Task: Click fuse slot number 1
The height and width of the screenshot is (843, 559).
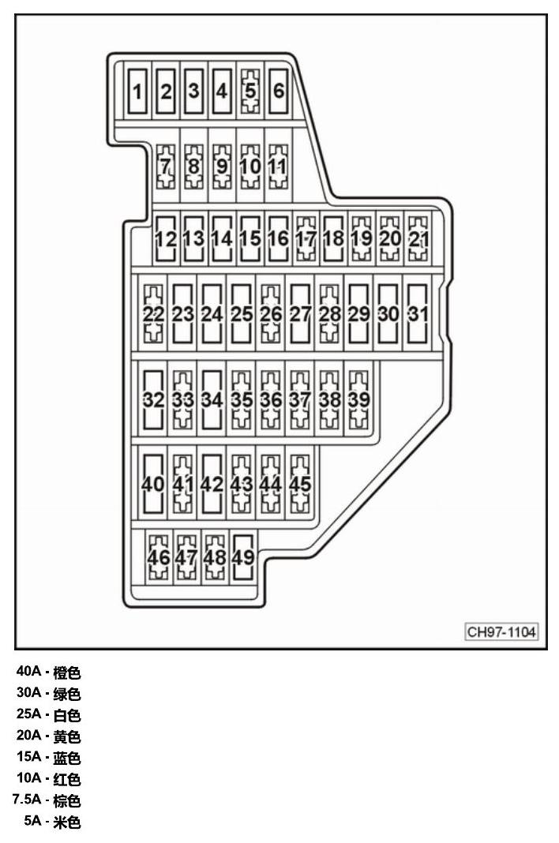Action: (137, 90)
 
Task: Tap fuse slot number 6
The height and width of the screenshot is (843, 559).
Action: (278, 90)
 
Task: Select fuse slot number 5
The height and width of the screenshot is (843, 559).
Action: (250, 90)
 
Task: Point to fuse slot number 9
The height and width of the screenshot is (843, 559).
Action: (222, 166)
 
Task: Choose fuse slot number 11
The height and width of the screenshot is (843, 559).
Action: (278, 166)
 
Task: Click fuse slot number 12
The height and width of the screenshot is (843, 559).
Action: (166, 238)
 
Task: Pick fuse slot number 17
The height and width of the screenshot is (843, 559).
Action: (306, 238)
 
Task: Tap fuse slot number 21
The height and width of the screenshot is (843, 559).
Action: (418, 238)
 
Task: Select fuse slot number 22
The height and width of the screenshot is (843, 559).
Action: (153, 314)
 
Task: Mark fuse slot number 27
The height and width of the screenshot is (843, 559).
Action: (300, 314)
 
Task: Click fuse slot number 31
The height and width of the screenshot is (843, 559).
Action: (418, 314)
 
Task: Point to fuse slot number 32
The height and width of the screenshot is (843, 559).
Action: (153, 400)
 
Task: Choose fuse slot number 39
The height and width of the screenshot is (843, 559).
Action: (359, 400)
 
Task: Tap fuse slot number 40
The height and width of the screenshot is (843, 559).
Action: (153, 484)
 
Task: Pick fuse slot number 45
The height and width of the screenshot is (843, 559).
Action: (300, 484)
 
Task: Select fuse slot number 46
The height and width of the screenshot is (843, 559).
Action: (159, 557)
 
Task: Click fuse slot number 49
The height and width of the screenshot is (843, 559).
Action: (242, 557)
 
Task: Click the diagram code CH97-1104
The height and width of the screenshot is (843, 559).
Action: (501, 631)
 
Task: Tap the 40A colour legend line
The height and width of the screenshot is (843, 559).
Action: (48, 672)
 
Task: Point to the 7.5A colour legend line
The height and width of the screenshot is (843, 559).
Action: (47, 800)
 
